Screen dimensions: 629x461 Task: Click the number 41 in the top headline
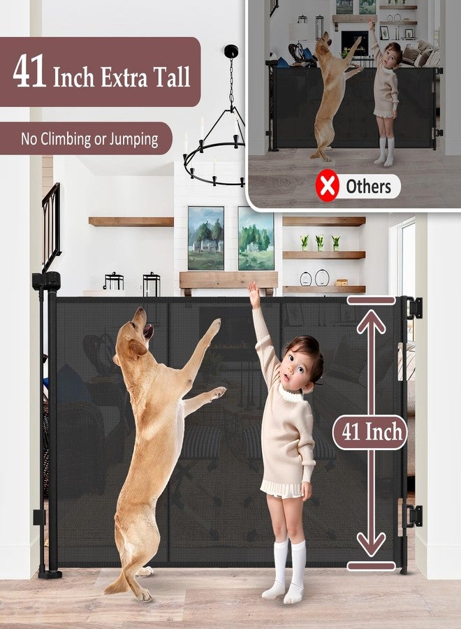pyautogui.click(x=29, y=72)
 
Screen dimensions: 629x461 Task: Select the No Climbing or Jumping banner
pyautogui.click(x=89, y=138)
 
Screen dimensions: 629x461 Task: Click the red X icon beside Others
pyautogui.click(x=327, y=187)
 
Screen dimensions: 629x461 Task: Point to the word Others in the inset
pyautogui.click(x=368, y=187)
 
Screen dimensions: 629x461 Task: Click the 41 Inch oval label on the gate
pyautogui.click(x=369, y=432)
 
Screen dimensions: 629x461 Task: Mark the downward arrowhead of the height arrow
pyautogui.click(x=371, y=542)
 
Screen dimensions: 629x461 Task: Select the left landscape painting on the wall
pyautogui.click(x=206, y=238)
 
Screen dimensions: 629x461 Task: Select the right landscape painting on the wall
pyautogui.click(x=256, y=238)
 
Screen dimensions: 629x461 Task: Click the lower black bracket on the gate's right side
pyautogui.click(x=414, y=516)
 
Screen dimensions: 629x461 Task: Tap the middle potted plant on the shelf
pyautogui.click(x=319, y=243)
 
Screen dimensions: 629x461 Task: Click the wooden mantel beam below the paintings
pyautogui.click(x=228, y=280)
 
